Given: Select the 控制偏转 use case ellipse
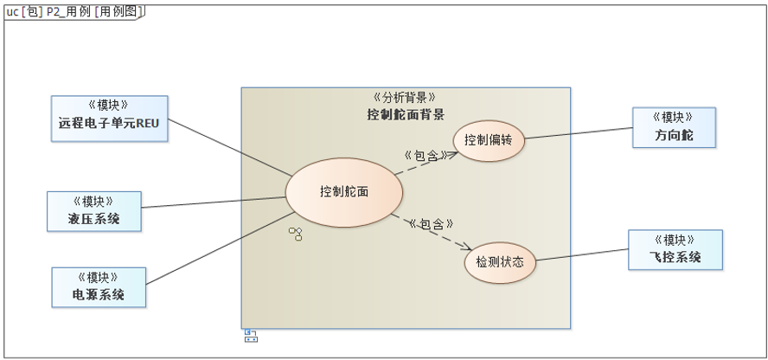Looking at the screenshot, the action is [489, 140].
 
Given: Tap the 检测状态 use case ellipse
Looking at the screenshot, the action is [501, 260].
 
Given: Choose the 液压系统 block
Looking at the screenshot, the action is [93, 212].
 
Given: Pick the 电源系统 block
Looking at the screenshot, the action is [99, 287].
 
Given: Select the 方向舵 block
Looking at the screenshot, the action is [674, 128].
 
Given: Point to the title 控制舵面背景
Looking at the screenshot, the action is [406, 114].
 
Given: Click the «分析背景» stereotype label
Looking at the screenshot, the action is [406, 98].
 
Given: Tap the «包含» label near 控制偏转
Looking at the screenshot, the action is [425, 156].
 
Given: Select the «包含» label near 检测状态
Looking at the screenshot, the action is [432, 224].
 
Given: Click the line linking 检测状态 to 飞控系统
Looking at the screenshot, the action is [582, 254].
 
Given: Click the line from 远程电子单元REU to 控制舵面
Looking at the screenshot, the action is [229, 148].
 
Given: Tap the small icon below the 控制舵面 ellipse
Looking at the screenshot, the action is [296, 234].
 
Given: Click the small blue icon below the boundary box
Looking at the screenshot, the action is [250, 335].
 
